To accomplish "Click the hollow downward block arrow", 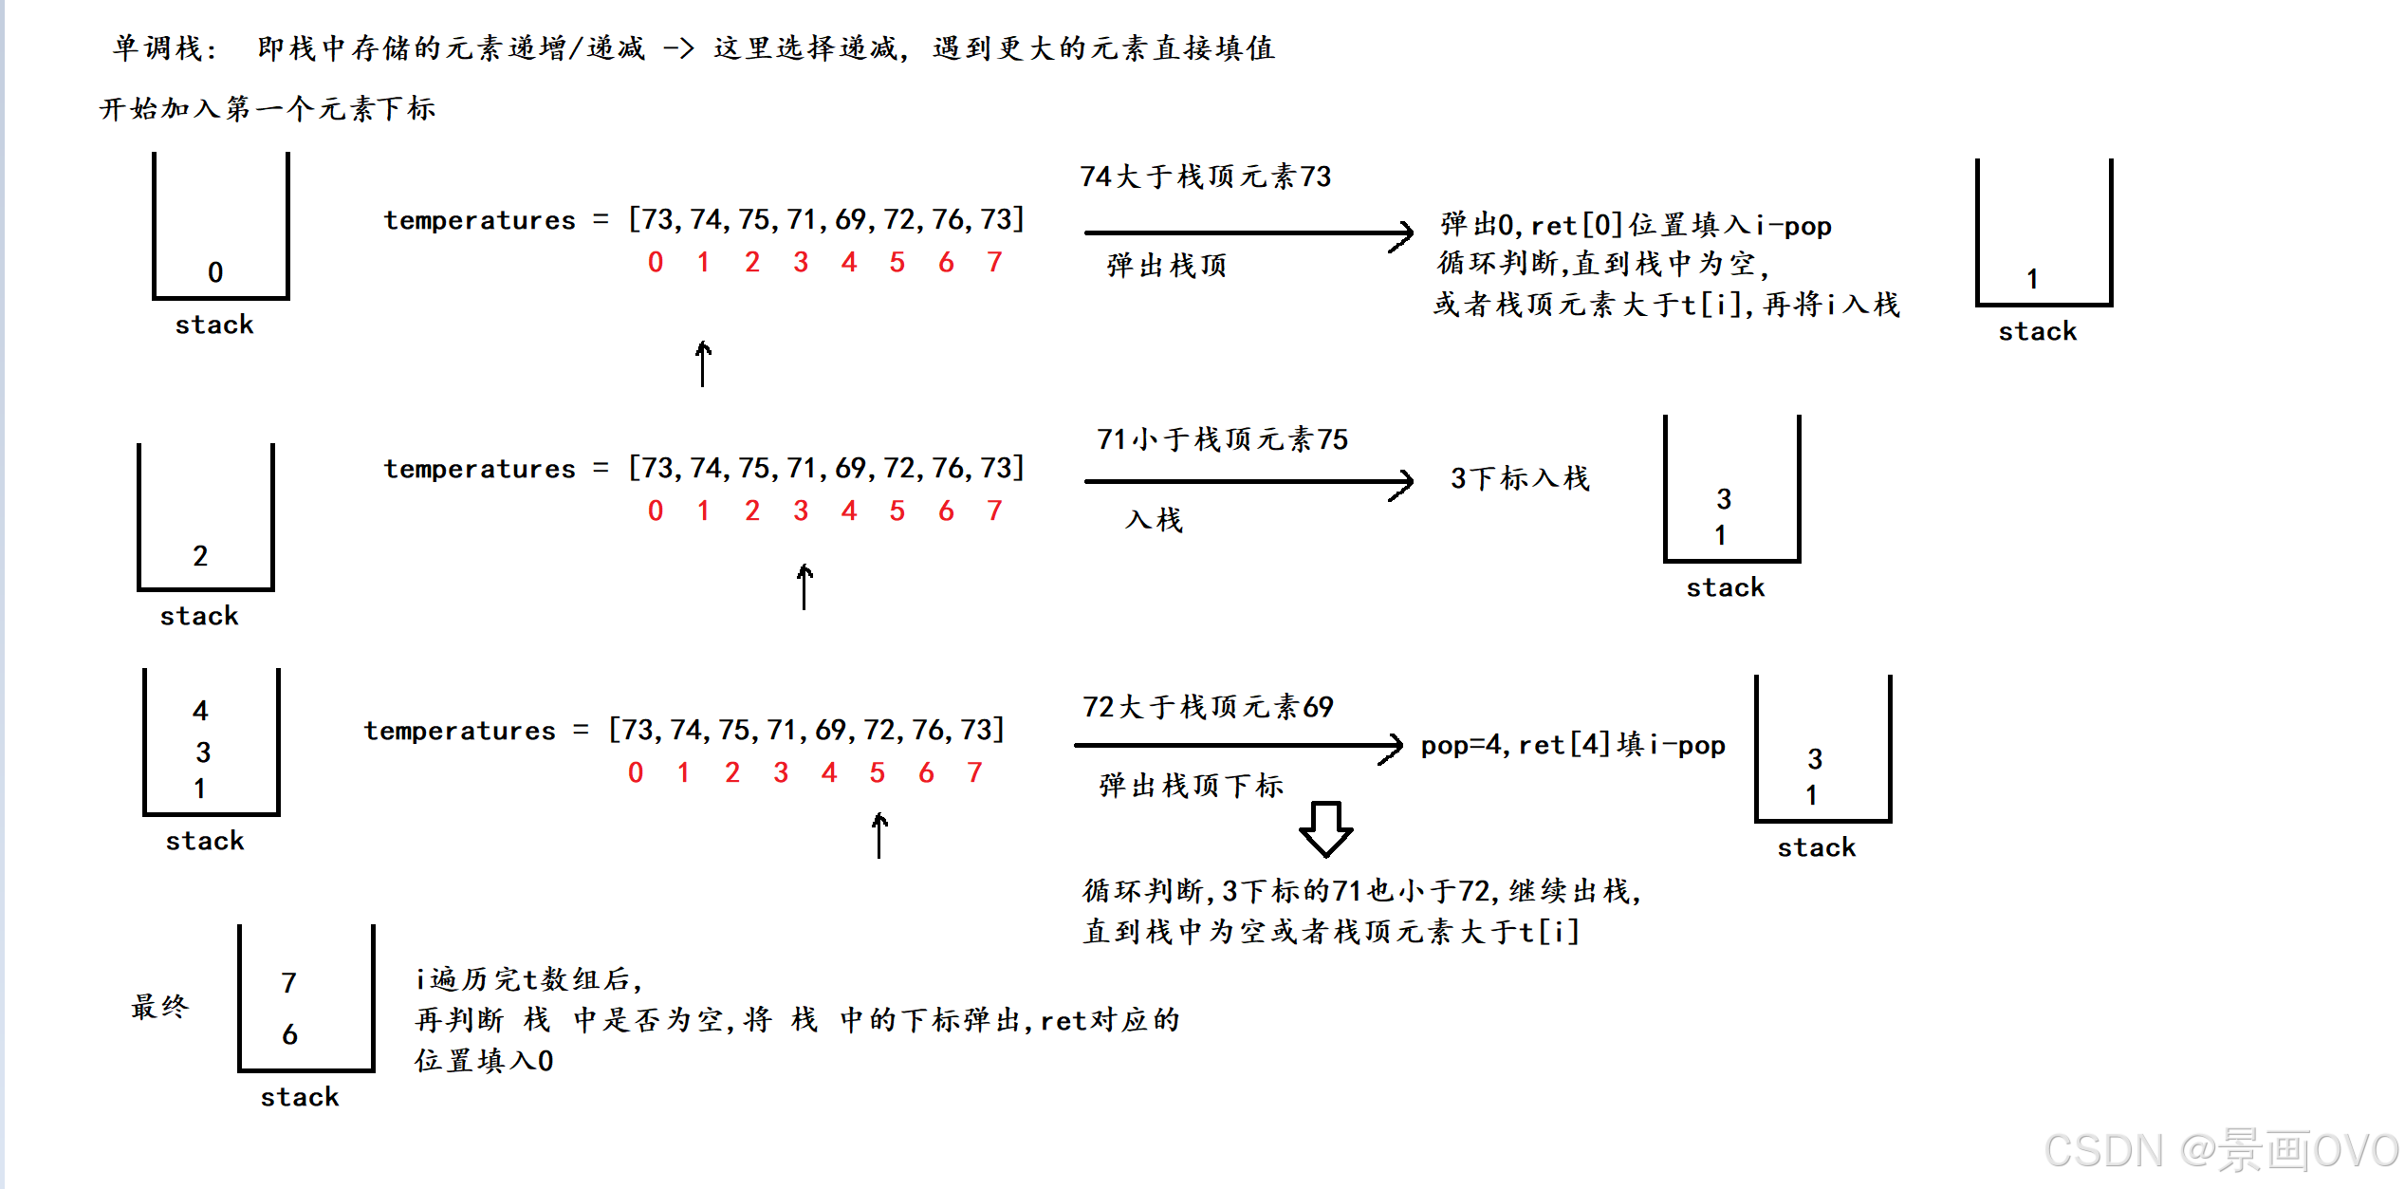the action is (x=1325, y=829).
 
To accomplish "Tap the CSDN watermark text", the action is (x=2220, y=1151).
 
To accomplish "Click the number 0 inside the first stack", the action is (x=215, y=272).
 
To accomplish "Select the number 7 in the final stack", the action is (x=289, y=983).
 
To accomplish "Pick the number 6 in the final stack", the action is (x=289, y=1034).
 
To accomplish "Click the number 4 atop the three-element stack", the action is (x=200, y=711).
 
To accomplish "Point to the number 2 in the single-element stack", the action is (x=200, y=556).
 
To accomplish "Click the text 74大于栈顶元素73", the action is (x=1205, y=176).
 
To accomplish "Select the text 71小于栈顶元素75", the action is (x=1222, y=439).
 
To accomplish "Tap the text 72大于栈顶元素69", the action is (x=1208, y=707).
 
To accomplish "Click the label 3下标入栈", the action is (x=1520, y=478).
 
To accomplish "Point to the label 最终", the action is (x=159, y=1006).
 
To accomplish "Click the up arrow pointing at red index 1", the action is (x=703, y=363).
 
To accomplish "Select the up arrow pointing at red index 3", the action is (x=804, y=586).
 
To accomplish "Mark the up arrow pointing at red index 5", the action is (x=879, y=835).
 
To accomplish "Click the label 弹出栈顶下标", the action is (x=1191, y=786).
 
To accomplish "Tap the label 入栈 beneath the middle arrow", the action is (x=1154, y=520).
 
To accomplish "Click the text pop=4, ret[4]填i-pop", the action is (x=1572, y=745).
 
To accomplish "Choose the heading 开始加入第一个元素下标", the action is (x=268, y=108).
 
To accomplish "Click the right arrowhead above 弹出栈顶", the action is (x=1402, y=233).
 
